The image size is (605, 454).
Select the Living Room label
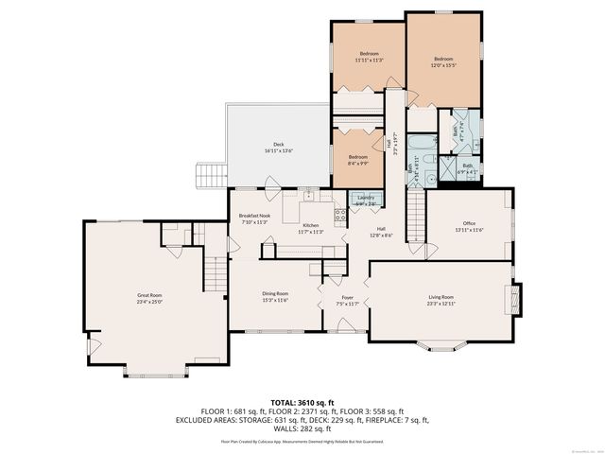click(x=441, y=300)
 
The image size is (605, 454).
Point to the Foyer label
click(x=348, y=301)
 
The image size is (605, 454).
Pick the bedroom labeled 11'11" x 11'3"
click(x=369, y=57)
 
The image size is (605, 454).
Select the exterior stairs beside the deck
click(x=209, y=176)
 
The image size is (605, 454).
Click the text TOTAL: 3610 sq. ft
click(x=302, y=402)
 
